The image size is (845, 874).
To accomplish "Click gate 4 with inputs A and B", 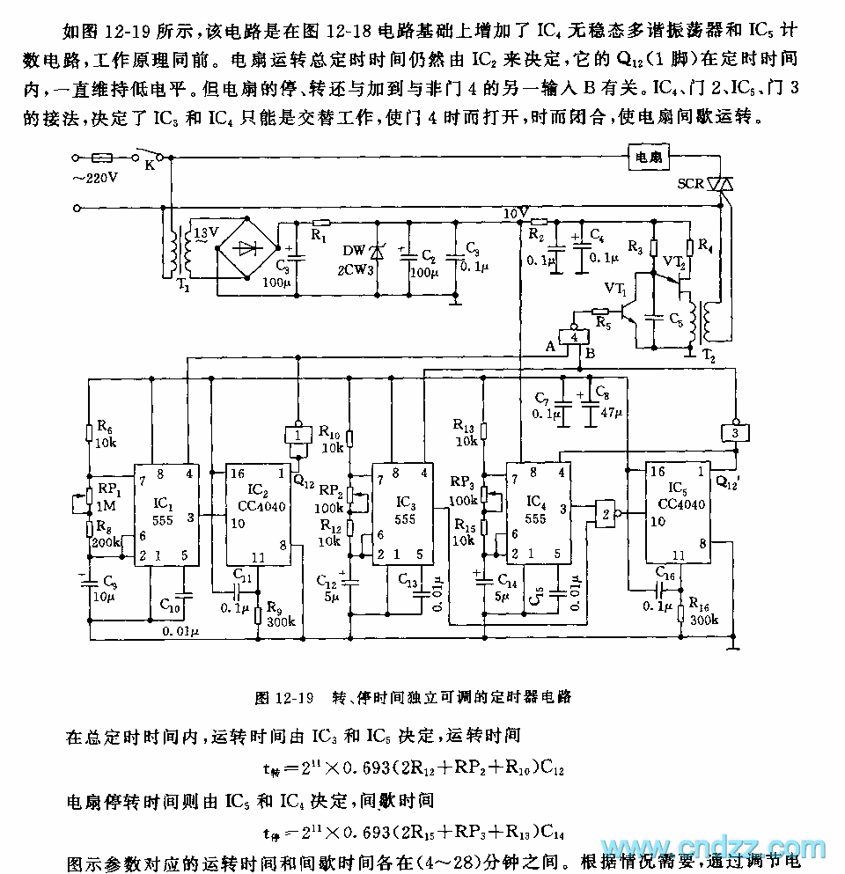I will pyautogui.click(x=575, y=337).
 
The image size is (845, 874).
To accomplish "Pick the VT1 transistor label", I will pyautogui.click(x=614, y=289).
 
